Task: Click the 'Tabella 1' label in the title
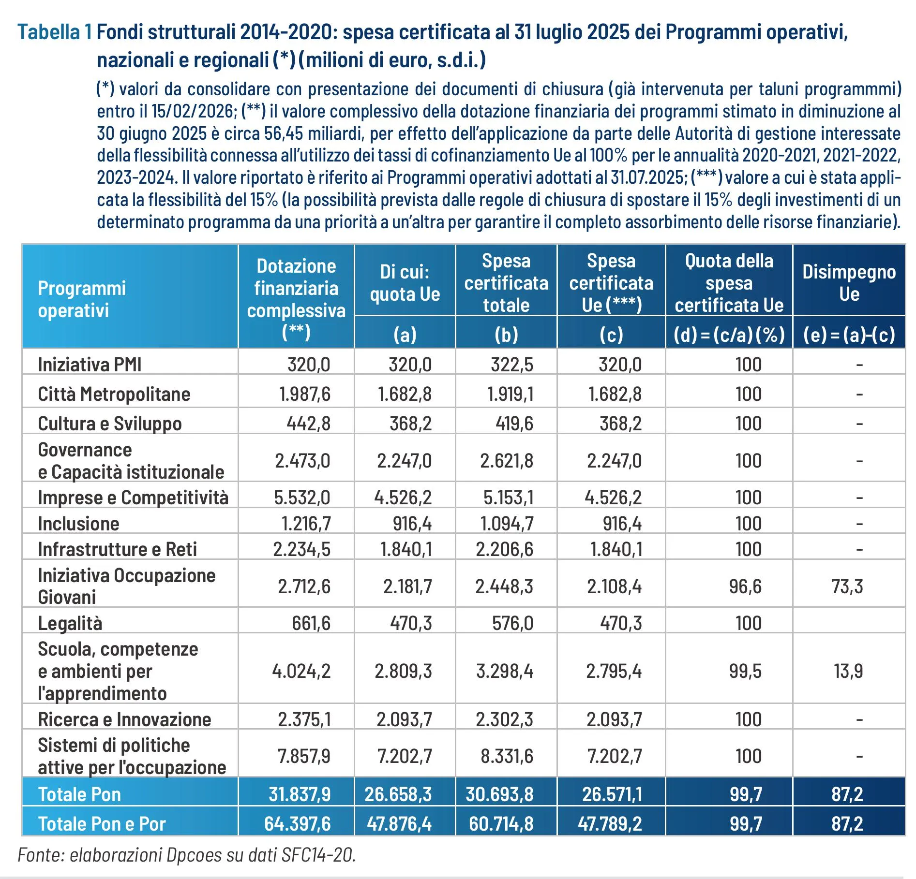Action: click(54, 32)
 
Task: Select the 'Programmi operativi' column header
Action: click(81, 299)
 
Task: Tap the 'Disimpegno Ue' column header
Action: click(849, 283)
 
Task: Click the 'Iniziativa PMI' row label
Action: click(90, 365)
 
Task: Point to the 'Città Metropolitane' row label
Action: click(114, 394)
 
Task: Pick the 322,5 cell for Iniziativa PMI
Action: click(511, 365)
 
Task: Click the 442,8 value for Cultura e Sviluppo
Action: click(308, 424)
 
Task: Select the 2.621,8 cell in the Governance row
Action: click(506, 461)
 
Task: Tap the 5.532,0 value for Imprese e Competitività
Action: click(302, 498)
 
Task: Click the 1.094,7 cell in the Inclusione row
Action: click(506, 524)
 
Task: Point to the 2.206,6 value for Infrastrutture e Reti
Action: click(504, 549)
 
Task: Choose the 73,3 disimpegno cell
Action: click(847, 586)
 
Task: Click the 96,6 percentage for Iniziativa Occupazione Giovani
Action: click(745, 586)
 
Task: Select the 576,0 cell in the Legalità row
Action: click(512, 623)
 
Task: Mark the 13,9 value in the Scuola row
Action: click(848, 671)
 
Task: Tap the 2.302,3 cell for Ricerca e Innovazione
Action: click(504, 719)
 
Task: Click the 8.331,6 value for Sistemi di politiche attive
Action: click(506, 756)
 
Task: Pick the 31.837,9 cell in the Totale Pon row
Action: click(300, 794)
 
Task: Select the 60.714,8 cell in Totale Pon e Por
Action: click(501, 824)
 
